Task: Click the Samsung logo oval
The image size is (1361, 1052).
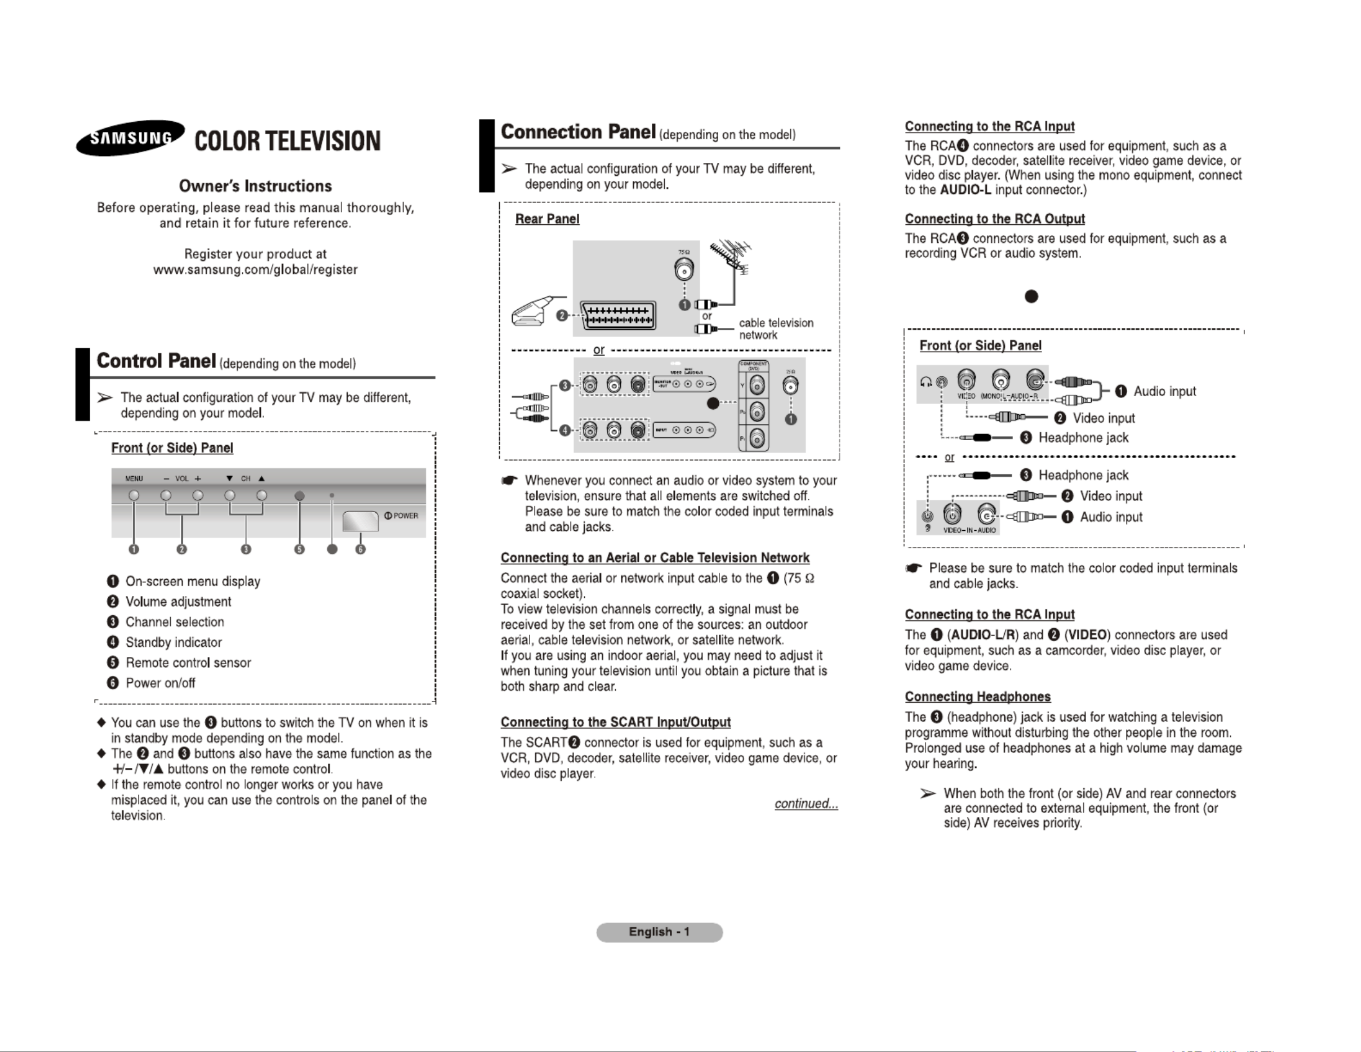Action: pyautogui.click(x=130, y=137)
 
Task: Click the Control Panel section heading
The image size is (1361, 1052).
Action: pyautogui.click(x=156, y=361)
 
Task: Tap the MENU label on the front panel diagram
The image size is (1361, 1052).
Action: pyautogui.click(x=134, y=479)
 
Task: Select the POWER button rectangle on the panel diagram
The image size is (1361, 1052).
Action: pyautogui.click(x=360, y=521)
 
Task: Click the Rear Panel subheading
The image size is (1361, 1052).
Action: pyautogui.click(x=547, y=219)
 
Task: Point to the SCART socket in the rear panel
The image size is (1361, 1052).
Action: pyautogui.click(x=618, y=316)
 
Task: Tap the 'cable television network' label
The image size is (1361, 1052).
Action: pyautogui.click(x=776, y=329)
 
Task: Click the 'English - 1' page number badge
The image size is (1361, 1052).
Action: pyautogui.click(x=659, y=932)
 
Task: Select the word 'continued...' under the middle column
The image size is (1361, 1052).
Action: pyautogui.click(x=806, y=803)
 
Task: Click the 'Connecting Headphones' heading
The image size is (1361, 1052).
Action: pyautogui.click(x=977, y=696)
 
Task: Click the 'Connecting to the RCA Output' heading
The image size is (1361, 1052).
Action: pyautogui.click(x=995, y=219)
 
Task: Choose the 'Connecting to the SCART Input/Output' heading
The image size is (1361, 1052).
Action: pyautogui.click(x=615, y=722)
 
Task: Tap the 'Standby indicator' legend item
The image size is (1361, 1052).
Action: pyautogui.click(x=173, y=642)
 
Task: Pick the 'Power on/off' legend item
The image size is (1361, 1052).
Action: pyautogui.click(x=160, y=683)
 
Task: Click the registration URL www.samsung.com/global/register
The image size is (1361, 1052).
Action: pyautogui.click(x=255, y=270)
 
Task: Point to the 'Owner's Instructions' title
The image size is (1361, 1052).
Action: pyautogui.click(x=255, y=186)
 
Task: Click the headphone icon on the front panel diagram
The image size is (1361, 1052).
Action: pyautogui.click(x=926, y=382)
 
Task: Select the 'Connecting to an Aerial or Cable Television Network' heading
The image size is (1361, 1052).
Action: pyautogui.click(x=654, y=558)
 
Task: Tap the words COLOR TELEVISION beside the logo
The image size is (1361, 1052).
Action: pyautogui.click(x=287, y=141)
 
